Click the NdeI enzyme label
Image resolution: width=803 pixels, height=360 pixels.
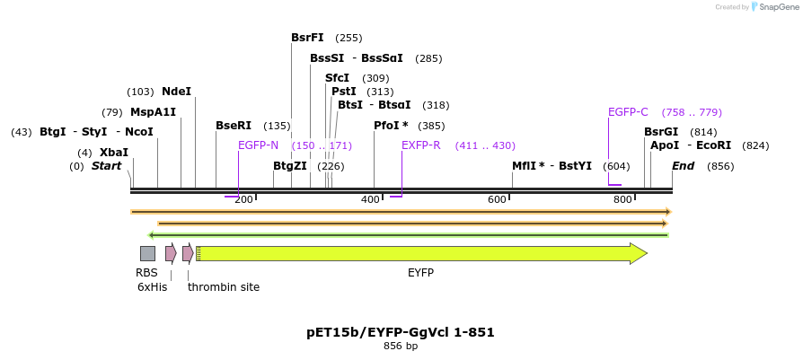pyautogui.click(x=176, y=92)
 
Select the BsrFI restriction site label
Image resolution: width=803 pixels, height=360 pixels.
pyautogui.click(x=307, y=38)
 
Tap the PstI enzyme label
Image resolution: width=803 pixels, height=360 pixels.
pyautogui.click(x=343, y=92)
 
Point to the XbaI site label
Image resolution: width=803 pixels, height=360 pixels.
pyautogui.click(x=114, y=153)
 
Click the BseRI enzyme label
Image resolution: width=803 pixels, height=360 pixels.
pyautogui.click(x=234, y=126)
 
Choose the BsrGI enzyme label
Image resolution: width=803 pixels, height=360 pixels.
pyautogui.click(x=661, y=132)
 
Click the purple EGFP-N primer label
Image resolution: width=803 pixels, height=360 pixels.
pyautogui.click(x=258, y=145)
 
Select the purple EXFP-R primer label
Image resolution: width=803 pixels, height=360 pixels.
pyautogui.click(x=420, y=145)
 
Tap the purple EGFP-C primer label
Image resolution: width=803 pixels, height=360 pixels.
pyautogui.click(x=628, y=112)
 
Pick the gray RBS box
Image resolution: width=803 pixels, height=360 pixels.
pyautogui.click(x=147, y=253)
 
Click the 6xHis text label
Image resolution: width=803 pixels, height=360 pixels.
pyautogui.click(x=152, y=287)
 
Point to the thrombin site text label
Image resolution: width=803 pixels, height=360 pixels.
pyautogui.click(x=224, y=287)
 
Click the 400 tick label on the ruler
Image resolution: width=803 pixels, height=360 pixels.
pyautogui.click(x=370, y=199)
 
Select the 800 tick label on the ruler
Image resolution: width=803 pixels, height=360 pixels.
pyautogui.click(x=623, y=199)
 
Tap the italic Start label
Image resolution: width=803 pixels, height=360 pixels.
pyautogui.click(x=106, y=166)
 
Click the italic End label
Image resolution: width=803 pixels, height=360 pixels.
pyautogui.click(x=683, y=166)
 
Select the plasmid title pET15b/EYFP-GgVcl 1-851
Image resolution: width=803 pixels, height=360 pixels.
pyautogui.click(x=401, y=332)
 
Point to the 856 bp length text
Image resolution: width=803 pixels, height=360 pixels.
pyautogui.click(x=401, y=346)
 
